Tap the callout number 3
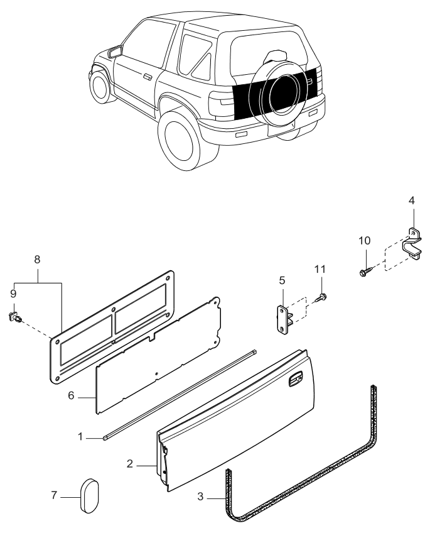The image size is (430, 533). click(200, 497)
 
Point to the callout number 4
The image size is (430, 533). click(412, 201)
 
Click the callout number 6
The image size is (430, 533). click(72, 397)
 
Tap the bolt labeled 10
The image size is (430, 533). click(366, 272)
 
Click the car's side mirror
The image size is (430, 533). click(114, 52)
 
